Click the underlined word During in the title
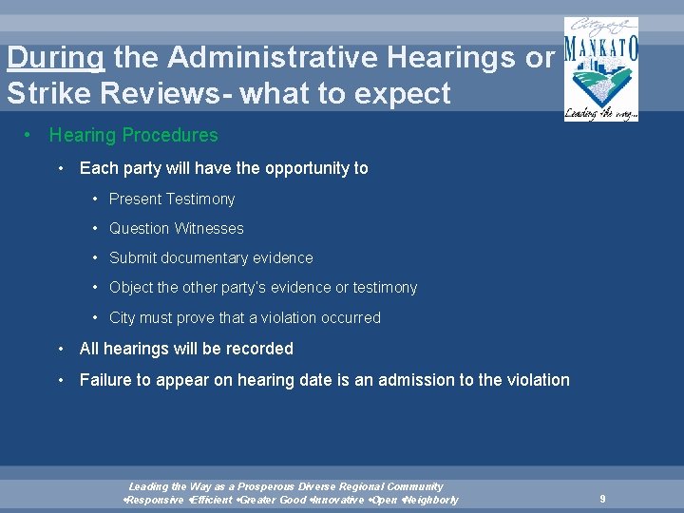tap(55, 59)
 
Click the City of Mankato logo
tap(600, 68)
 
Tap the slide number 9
tap(602, 499)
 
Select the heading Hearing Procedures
tap(133, 136)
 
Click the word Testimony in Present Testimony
tap(200, 199)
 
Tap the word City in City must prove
tap(123, 318)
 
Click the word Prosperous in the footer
tap(268, 486)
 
